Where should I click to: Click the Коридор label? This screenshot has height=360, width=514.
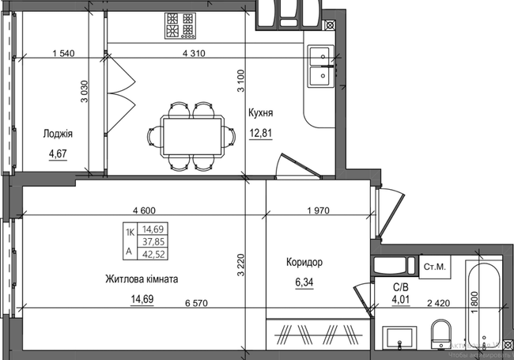point(304,262)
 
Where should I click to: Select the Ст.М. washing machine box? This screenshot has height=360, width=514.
point(435,267)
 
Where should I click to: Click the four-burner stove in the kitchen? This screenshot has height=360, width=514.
point(180,25)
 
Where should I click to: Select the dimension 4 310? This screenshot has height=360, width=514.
point(195,54)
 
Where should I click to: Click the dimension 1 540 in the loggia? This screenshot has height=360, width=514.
point(62,54)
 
